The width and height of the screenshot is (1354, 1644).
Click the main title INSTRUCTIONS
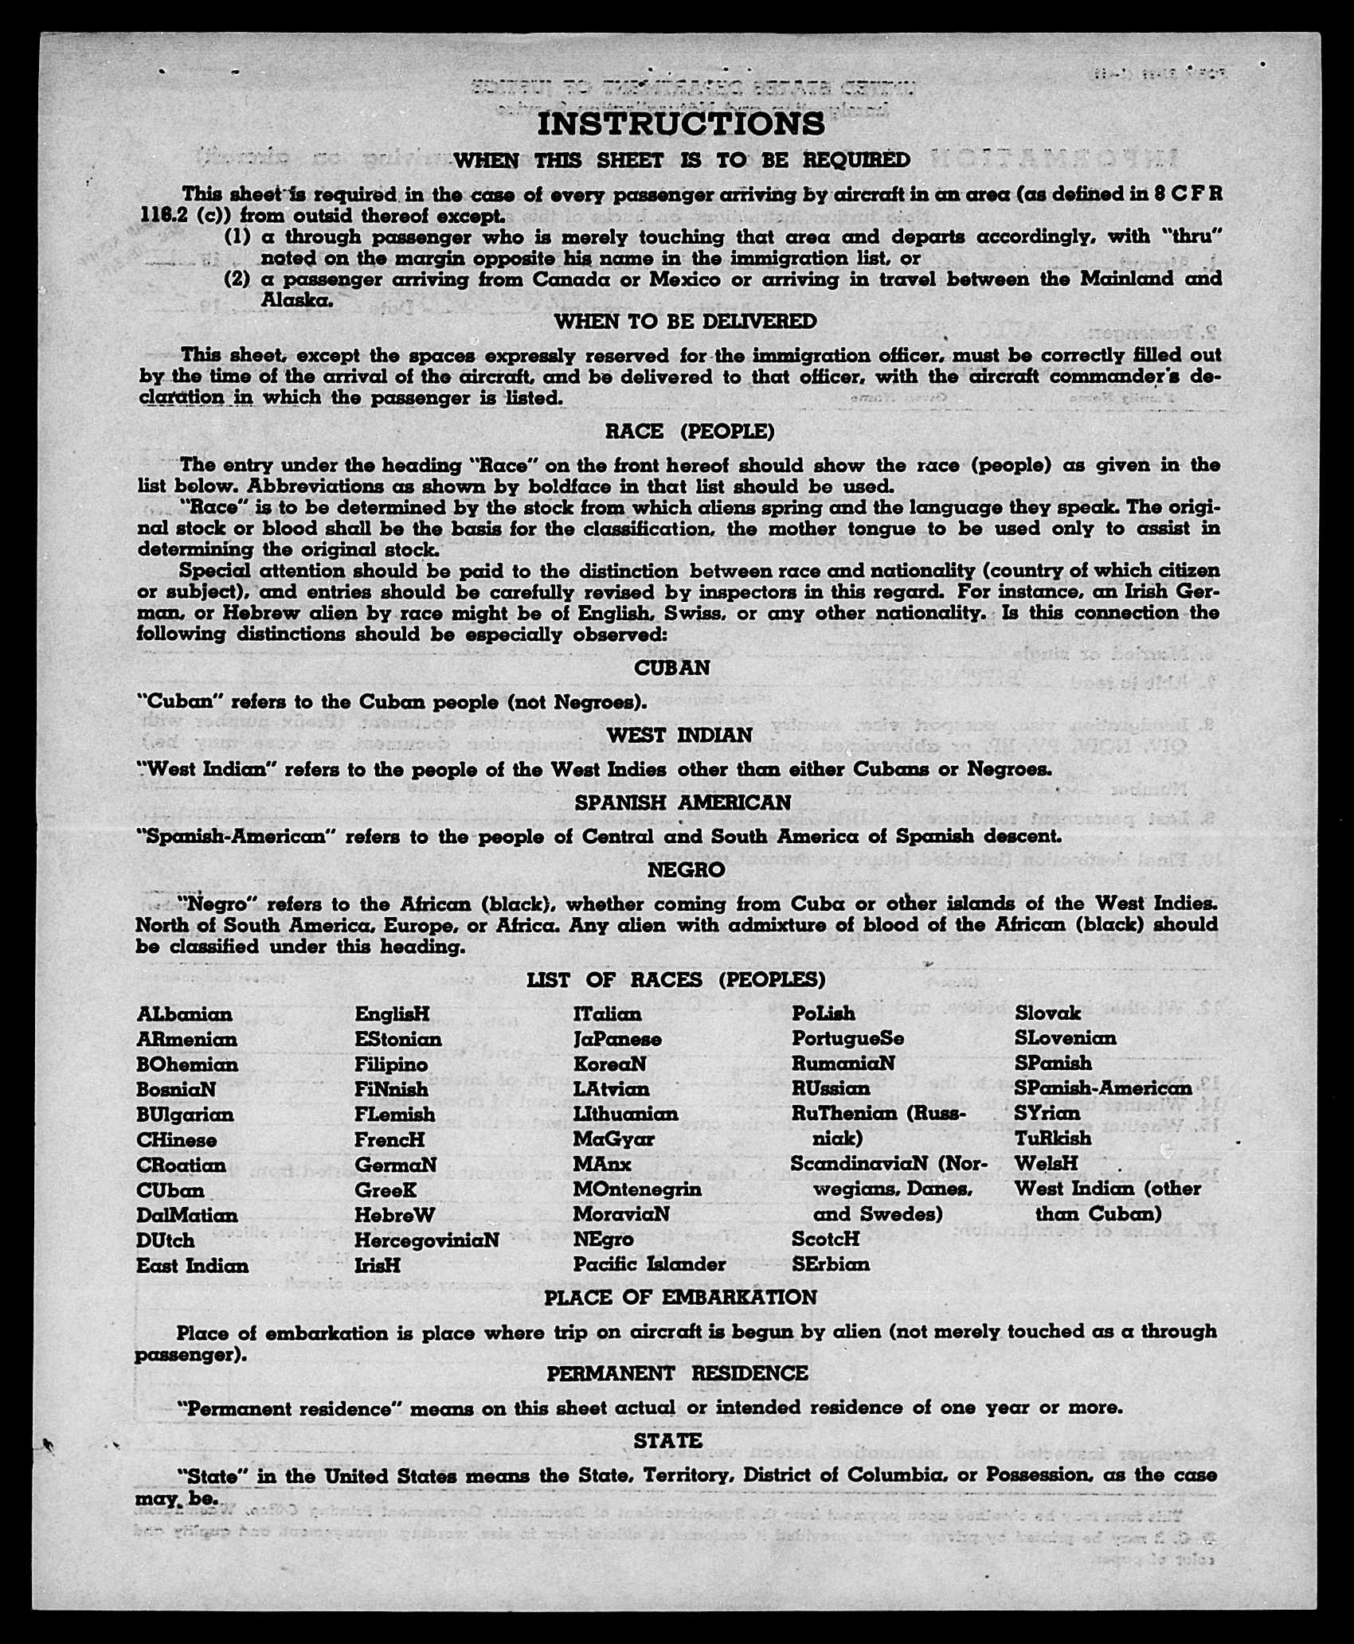click(681, 124)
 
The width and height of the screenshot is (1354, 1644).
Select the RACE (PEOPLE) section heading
click(689, 432)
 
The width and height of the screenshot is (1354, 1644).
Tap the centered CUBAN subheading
click(671, 669)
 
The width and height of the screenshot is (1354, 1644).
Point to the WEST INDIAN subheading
click(679, 736)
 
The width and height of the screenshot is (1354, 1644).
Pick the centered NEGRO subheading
click(686, 870)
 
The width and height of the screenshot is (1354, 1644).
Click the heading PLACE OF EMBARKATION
click(680, 1298)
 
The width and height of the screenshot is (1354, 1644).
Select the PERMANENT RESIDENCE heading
click(677, 1373)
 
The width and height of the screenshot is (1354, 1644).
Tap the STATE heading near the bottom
click(667, 1441)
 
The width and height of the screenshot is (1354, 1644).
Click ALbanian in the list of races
click(185, 1014)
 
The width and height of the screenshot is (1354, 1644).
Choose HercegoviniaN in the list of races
click(427, 1240)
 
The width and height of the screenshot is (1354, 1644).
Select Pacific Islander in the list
click(649, 1264)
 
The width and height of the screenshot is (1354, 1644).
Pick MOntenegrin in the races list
click(637, 1189)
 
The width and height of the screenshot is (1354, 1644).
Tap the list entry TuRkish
click(1053, 1138)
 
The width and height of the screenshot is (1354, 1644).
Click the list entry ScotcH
click(825, 1239)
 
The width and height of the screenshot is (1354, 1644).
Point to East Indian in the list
click(193, 1266)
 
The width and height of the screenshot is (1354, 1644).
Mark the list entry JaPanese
click(616, 1040)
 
